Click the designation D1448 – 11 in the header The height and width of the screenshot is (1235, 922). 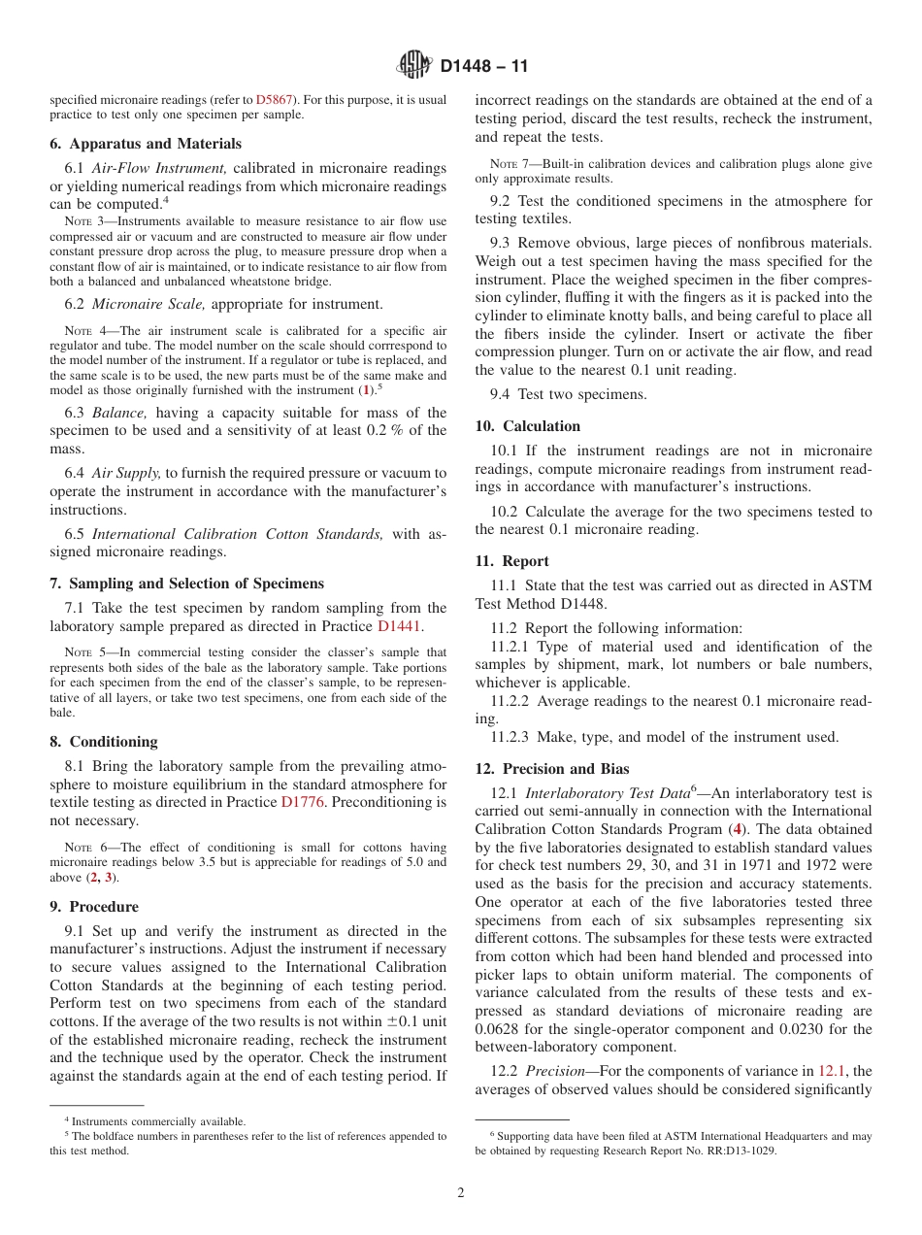483,67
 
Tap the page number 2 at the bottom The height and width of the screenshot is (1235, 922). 461,1193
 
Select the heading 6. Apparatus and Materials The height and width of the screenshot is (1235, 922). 146,144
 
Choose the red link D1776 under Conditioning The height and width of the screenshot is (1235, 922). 303,802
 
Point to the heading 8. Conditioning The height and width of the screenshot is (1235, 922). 104,742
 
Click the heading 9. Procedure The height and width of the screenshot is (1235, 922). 94,907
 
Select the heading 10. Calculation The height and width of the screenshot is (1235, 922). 528,426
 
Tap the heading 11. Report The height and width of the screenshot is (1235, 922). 511,561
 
